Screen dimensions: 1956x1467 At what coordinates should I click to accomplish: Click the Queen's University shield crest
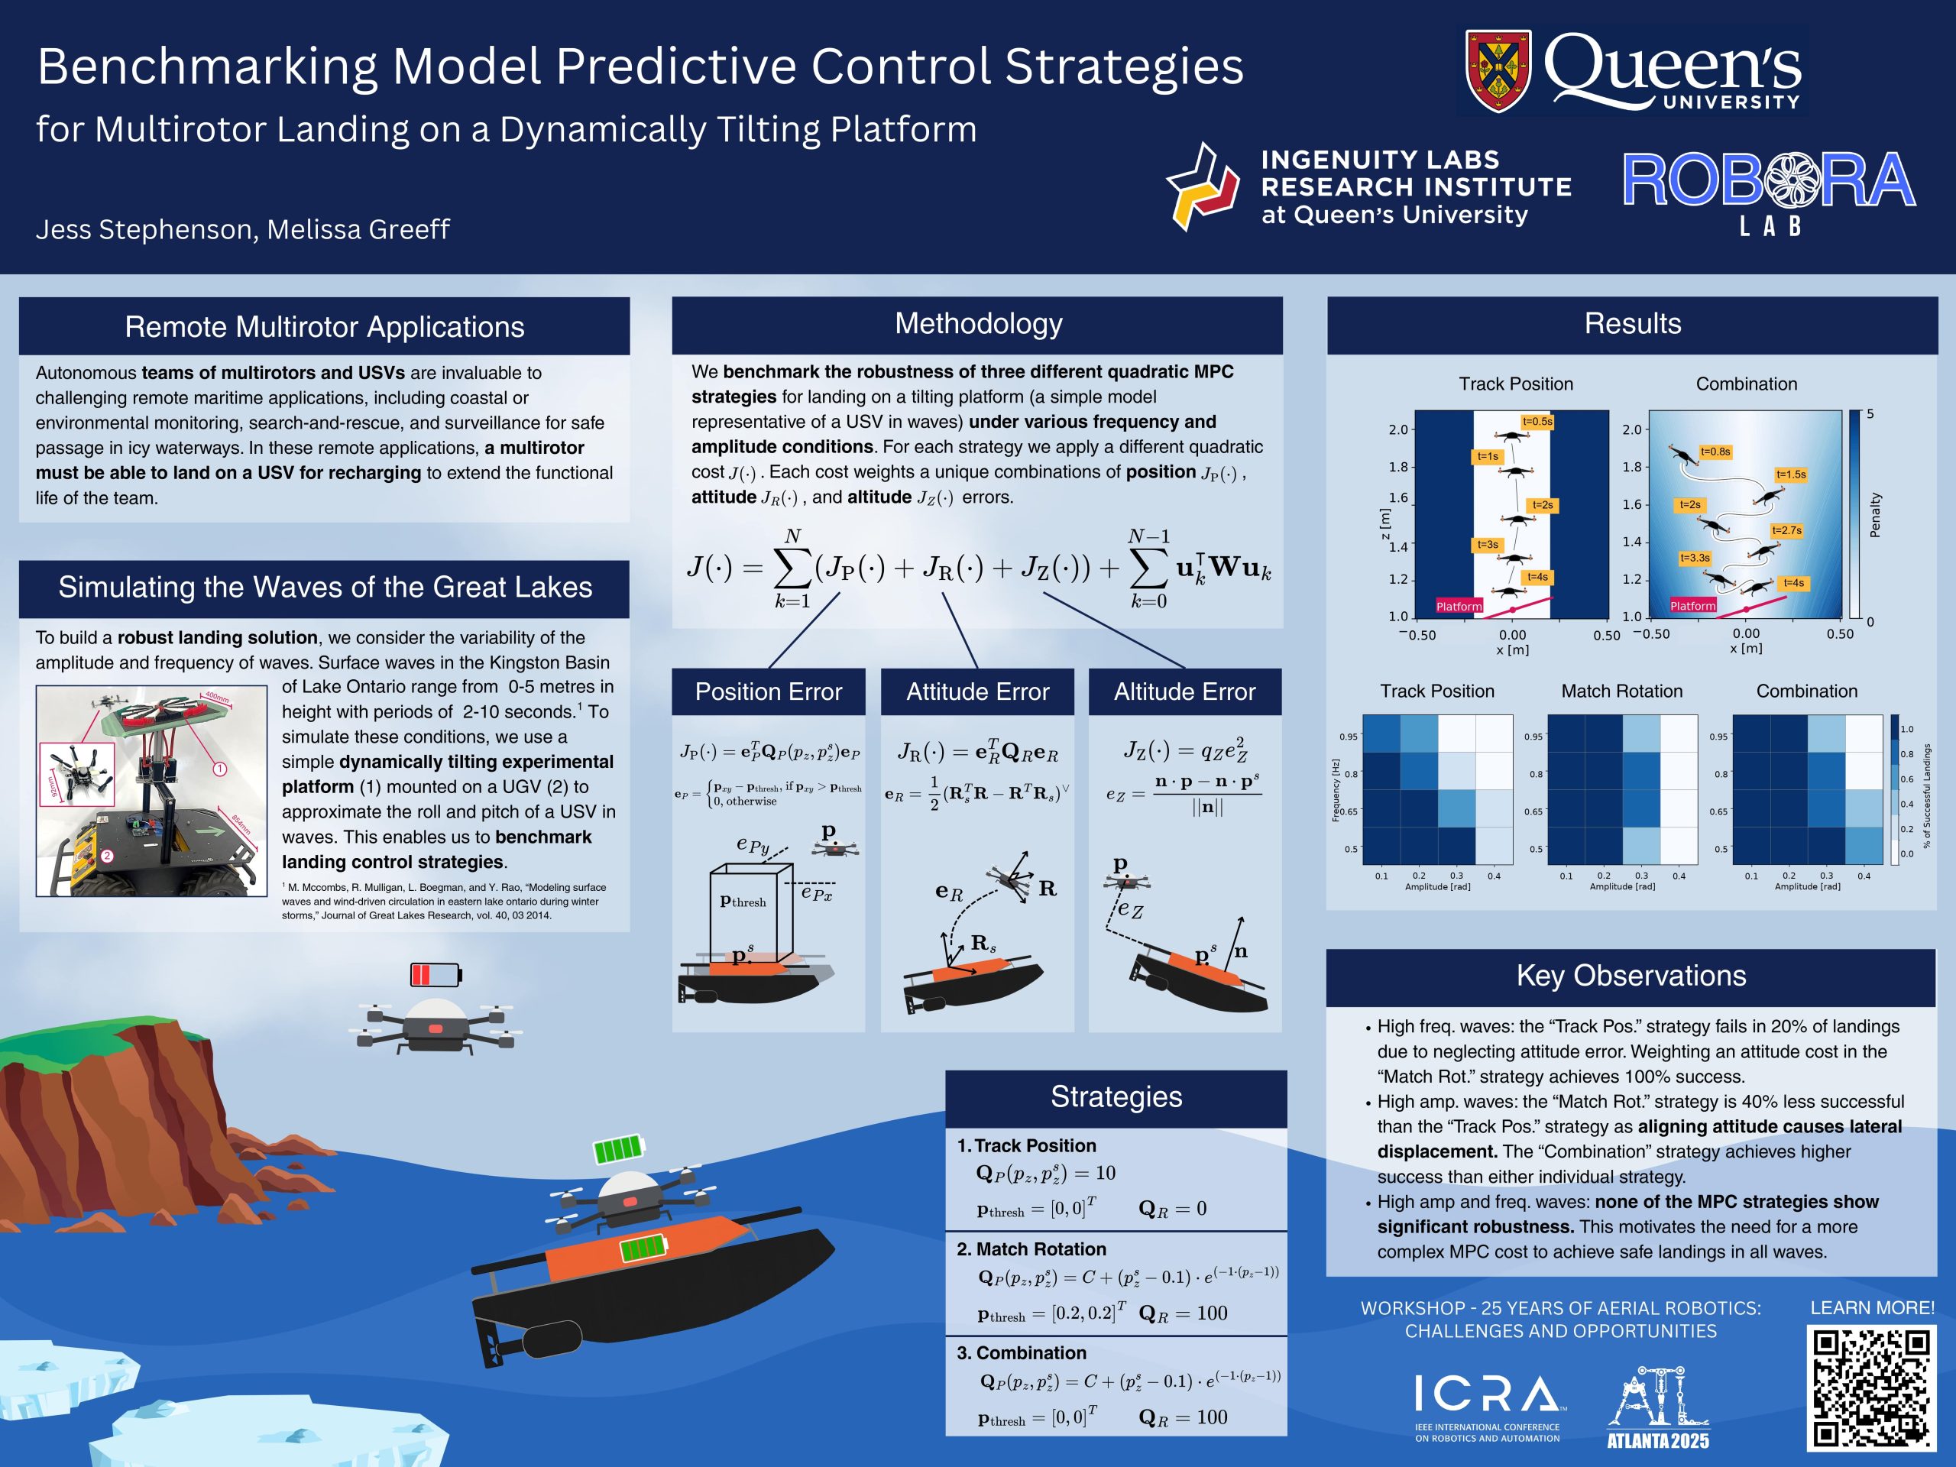click(1499, 71)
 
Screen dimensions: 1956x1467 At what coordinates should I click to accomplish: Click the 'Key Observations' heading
click(1631, 976)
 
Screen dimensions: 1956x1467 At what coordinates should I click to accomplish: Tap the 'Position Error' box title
click(769, 691)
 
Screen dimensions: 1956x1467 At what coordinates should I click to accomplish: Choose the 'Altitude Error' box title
click(1185, 691)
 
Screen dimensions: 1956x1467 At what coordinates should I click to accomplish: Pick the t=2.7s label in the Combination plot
click(1786, 530)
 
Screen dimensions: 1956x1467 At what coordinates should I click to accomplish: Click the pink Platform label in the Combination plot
click(1692, 606)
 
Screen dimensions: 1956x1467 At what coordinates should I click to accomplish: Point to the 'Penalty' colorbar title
click(1875, 515)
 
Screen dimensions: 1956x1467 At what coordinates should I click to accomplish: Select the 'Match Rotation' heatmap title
click(1622, 691)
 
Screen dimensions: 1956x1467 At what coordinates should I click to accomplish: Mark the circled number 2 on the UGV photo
click(107, 856)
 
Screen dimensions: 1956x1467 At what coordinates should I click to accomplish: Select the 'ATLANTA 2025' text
click(1658, 1440)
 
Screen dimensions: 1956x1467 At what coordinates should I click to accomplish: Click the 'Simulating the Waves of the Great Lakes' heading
click(325, 587)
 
